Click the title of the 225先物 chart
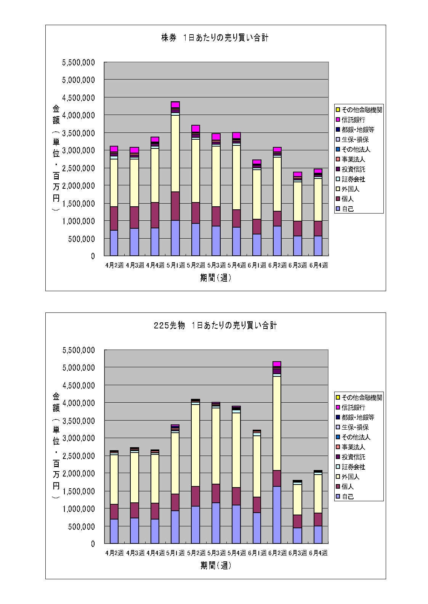(x=215, y=325)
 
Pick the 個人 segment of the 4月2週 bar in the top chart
(x=114, y=218)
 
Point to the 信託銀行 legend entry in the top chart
(x=353, y=120)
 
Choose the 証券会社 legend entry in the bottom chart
(x=353, y=467)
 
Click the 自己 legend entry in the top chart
(x=348, y=209)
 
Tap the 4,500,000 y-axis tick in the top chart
(x=79, y=98)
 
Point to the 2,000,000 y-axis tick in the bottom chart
(x=79, y=473)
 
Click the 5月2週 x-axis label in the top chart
(x=196, y=265)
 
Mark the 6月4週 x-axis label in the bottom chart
(x=318, y=553)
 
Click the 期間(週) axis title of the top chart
(x=216, y=278)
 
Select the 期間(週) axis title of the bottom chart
(x=216, y=566)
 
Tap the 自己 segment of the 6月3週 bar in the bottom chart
(x=297, y=535)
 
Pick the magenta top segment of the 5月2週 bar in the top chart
(x=196, y=129)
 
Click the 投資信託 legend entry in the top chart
(x=353, y=169)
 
